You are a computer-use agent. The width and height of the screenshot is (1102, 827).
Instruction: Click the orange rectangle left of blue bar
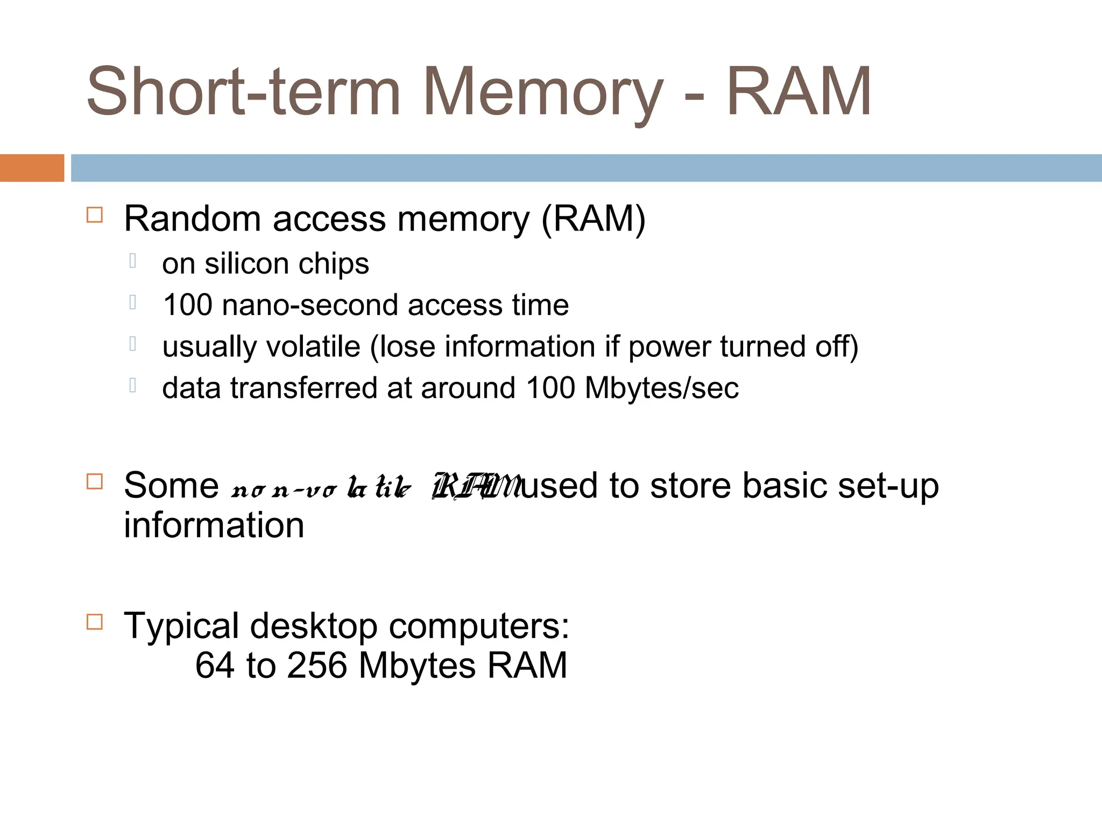point(32,168)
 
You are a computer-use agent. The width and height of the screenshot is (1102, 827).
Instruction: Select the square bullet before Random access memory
point(95,215)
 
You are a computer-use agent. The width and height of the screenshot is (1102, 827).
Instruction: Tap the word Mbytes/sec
point(661,388)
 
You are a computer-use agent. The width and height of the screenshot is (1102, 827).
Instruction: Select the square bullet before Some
point(95,481)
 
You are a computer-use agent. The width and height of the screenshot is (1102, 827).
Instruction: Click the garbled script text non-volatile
point(321,487)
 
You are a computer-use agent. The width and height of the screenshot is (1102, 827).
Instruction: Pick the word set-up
point(888,486)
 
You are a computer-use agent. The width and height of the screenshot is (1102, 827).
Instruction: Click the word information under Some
point(214,525)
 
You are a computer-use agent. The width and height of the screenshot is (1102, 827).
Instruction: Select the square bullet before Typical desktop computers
point(95,622)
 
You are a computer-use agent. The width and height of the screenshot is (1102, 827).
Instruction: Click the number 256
point(317,665)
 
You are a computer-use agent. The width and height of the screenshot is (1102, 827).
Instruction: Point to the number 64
point(215,665)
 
